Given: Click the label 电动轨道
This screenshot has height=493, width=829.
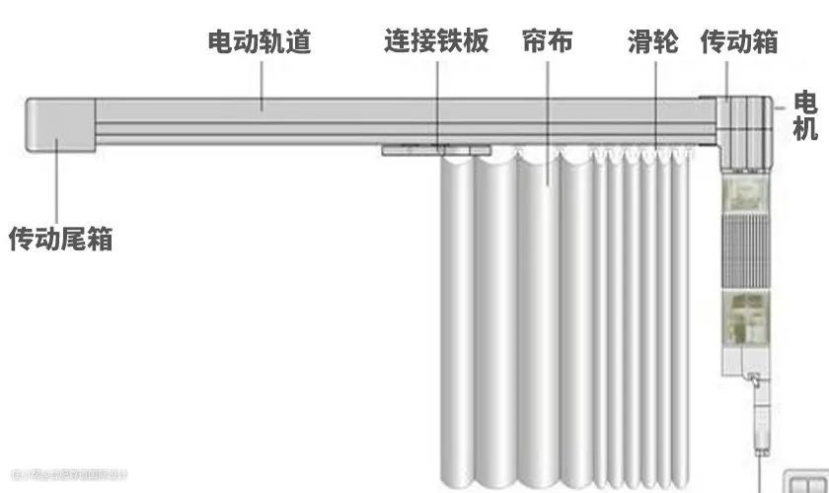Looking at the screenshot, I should pyautogui.click(x=260, y=42).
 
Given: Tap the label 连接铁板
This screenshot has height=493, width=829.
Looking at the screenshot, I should pyautogui.click(x=435, y=42).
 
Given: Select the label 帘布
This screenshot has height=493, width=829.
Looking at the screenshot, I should pyautogui.click(x=547, y=42).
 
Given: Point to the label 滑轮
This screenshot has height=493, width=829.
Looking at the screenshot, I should pyautogui.click(x=652, y=42).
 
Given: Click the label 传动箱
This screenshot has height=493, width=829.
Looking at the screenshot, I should pyautogui.click(x=739, y=42).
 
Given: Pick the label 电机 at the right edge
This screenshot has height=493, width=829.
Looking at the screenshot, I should pyautogui.click(x=805, y=115).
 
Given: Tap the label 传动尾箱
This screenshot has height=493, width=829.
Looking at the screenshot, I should pyautogui.click(x=60, y=239).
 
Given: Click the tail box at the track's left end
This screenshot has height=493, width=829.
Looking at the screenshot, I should pyautogui.click(x=58, y=125).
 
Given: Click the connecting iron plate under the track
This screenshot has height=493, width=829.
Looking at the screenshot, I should pyautogui.click(x=435, y=150).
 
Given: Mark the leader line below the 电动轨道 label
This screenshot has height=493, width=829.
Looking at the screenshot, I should pyautogui.click(x=262, y=83).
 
